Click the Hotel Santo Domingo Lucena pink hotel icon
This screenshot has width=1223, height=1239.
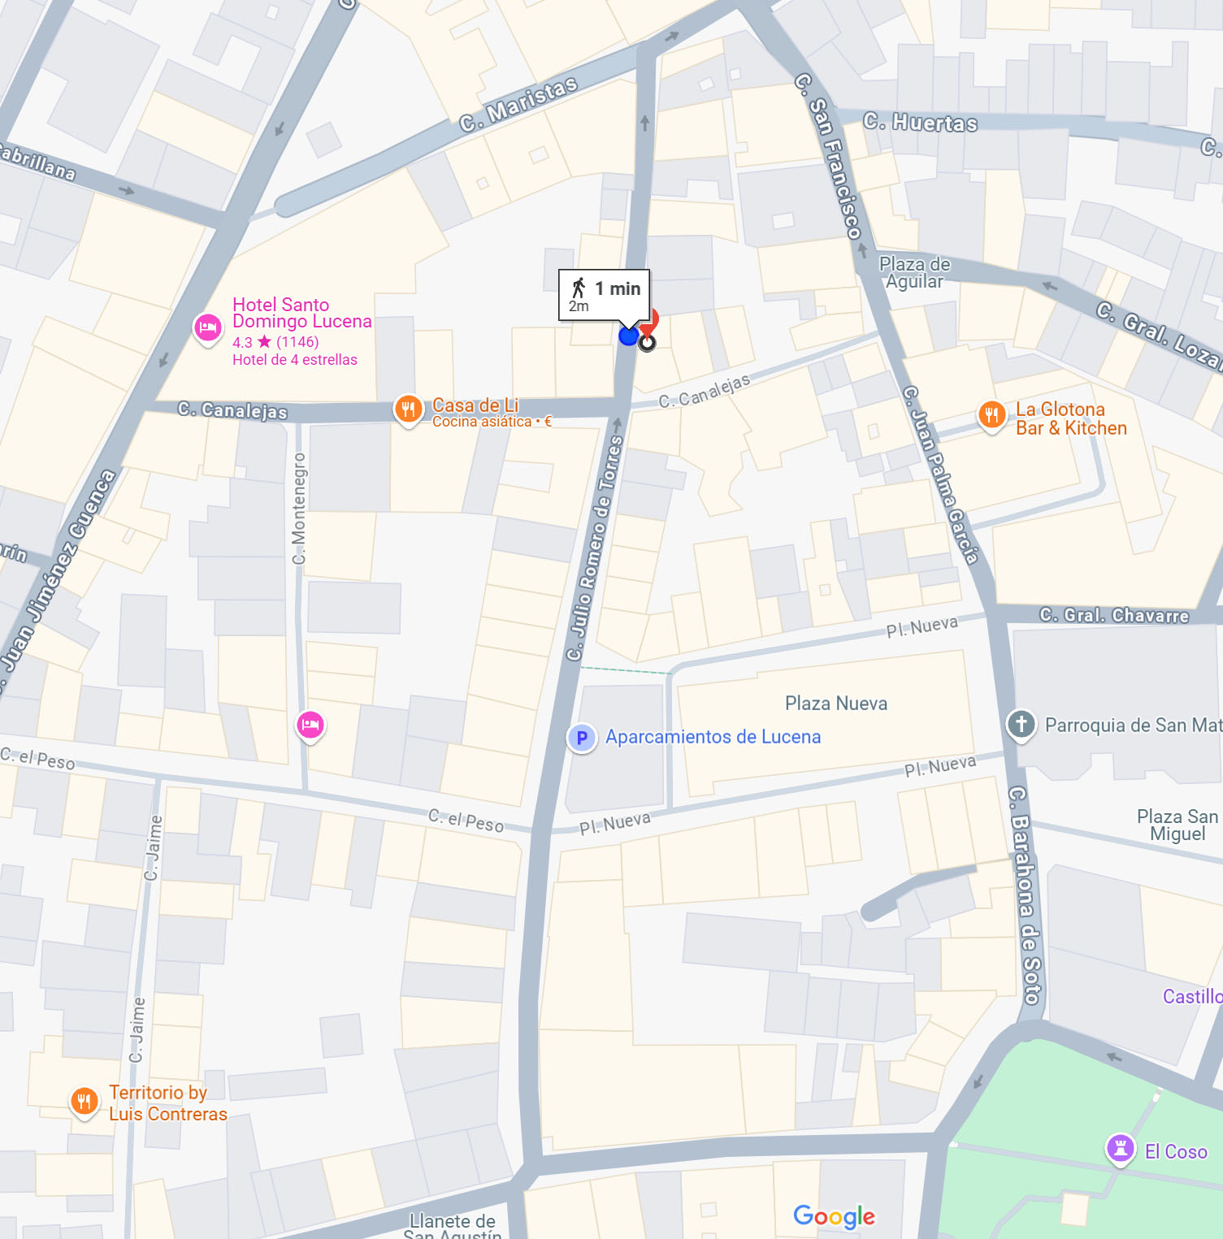click(x=208, y=328)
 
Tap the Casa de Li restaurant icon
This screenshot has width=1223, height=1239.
click(x=408, y=409)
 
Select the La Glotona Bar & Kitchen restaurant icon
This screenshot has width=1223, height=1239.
click(x=991, y=416)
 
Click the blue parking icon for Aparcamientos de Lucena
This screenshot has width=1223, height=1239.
click(x=582, y=738)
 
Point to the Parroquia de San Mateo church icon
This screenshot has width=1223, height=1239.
click(x=1021, y=724)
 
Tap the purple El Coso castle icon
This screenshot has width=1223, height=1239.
click(x=1120, y=1149)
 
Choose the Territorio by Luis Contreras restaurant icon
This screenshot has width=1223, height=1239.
click(x=85, y=1102)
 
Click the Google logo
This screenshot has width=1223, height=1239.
click(x=834, y=1216)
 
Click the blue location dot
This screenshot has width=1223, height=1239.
click(x=628, y=336)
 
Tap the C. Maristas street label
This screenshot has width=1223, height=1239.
click(x=518, y=105)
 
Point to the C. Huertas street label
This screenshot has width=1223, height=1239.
click(x=920, y=123)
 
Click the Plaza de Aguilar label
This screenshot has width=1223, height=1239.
click(x=914, y=273)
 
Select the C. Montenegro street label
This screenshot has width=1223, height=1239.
click(x=299, y=509)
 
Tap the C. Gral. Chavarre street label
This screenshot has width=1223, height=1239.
click(x=1113, y=615)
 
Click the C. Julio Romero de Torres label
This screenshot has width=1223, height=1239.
click(x=595, y=548)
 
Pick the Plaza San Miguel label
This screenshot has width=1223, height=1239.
click(x=1177, y=825)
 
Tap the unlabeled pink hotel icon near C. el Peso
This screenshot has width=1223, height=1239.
click(x=310, y=725)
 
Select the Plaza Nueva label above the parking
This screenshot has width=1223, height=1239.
click(x=835, y=703)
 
